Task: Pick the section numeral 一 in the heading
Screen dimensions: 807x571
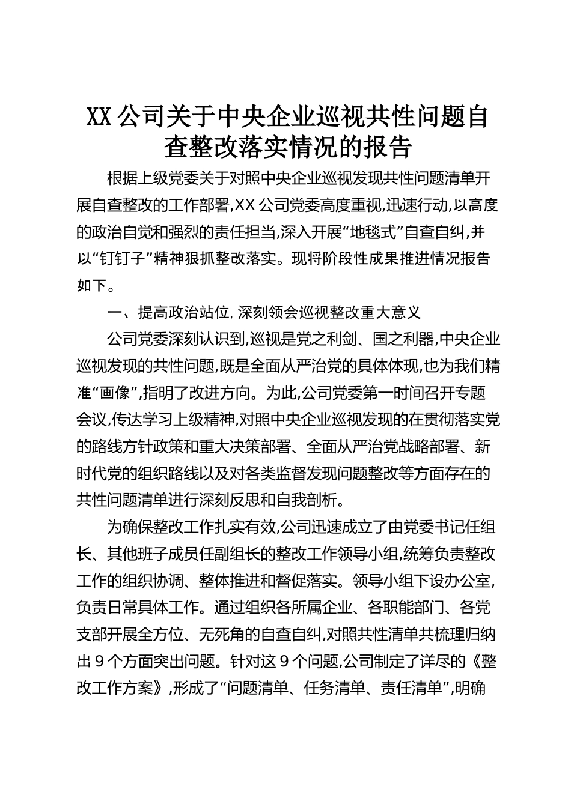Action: click(x=114, y=313)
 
